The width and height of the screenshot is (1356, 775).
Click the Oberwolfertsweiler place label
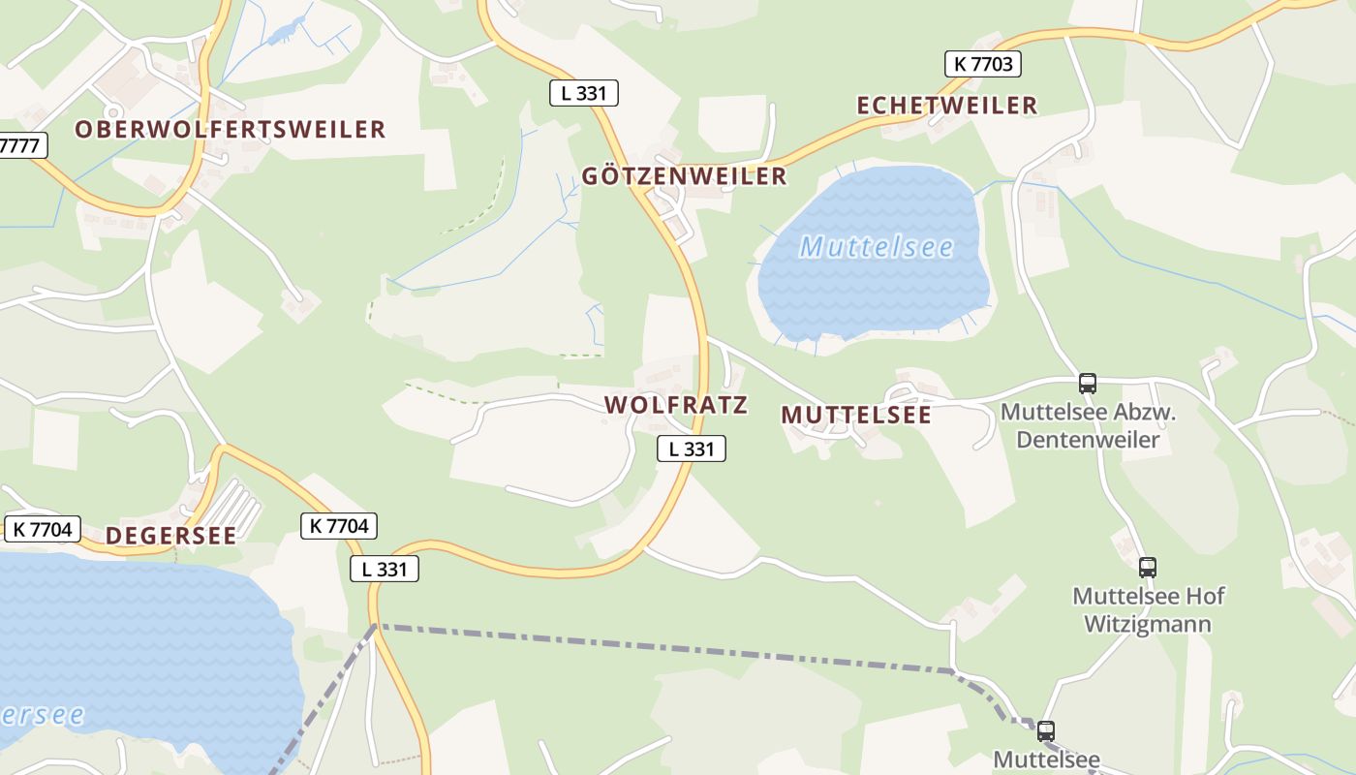[x=231, y=130]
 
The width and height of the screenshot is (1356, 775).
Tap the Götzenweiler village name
[x=684, y=176]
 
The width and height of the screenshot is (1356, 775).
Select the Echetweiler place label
[x=946, y=106]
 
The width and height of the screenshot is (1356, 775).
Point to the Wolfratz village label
[x=676, y=405]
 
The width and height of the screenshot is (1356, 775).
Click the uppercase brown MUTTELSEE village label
[x=856, y=416]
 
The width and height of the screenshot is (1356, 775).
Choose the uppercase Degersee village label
[x=170, y=536]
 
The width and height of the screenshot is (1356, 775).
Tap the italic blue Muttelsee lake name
[x=877, y=248]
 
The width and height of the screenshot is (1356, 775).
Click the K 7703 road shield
[x=983, y=64]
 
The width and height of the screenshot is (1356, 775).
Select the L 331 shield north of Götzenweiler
[x=583, y=93]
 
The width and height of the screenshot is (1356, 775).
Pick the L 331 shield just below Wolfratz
[x=691, y=449]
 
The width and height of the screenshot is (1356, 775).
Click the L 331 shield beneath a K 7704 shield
[x=385, y=569]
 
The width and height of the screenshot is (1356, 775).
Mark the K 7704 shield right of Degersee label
[x=338, y=526]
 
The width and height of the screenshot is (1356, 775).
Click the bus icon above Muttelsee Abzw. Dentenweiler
[x=1088, y=383]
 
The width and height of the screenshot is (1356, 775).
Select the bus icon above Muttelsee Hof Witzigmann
[x=1148, y=568]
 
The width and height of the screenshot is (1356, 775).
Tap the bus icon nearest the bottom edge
[x=1046, y=731]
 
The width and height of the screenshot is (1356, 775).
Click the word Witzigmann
[x=1147, y=623]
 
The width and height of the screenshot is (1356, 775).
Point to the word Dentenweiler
[x=1089, y=440]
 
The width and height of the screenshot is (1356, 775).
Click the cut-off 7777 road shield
[x=21, y=146]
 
